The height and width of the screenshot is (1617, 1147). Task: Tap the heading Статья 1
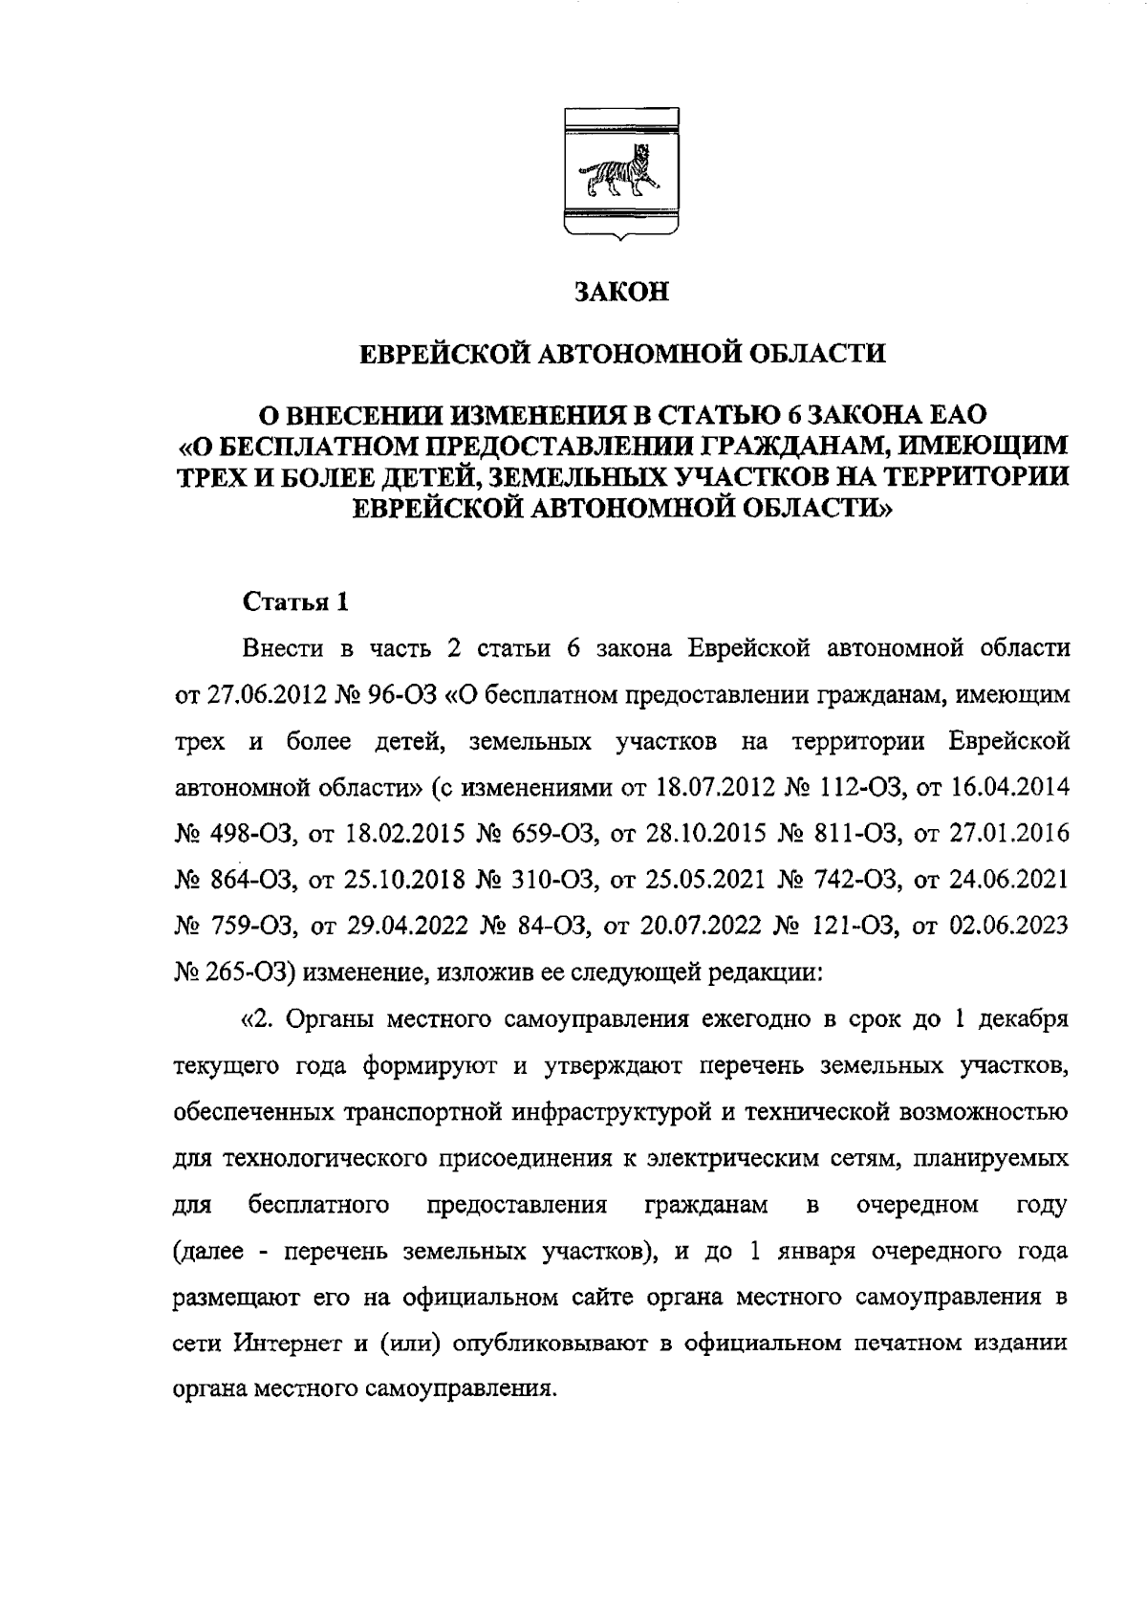[296, 602]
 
